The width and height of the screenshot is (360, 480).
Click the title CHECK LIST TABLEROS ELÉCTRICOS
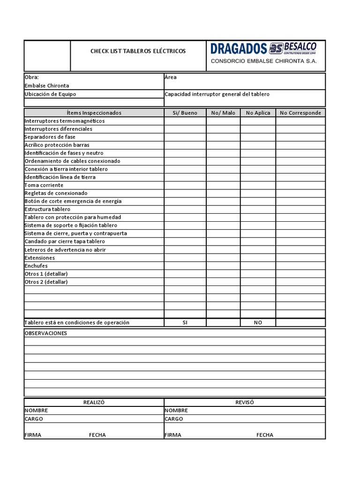[138, 51]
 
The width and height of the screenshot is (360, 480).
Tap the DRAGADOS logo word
[239, 49]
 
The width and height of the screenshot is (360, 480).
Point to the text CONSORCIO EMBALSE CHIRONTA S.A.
[264, 61]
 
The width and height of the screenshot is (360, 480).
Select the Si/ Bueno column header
[185, 113]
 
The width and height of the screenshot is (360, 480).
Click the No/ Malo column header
[223, 113]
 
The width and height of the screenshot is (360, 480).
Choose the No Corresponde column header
[300, 113]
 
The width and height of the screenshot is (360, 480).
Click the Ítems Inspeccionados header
[94, 113]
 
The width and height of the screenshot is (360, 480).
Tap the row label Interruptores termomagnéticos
[65, 121]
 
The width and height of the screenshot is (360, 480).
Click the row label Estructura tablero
[47, 209]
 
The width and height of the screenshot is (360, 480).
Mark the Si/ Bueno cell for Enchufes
[185, 266]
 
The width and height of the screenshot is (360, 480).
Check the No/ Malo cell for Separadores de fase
[223, 137]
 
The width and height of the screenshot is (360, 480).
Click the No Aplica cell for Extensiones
[258, 258]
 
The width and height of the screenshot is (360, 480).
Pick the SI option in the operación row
[185, 322]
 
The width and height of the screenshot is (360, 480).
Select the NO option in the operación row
[258, 322]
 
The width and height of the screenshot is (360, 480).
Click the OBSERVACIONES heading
[45, 333]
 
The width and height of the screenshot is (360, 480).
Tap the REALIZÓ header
[94, 402]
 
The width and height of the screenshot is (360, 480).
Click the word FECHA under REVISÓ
[265, 435]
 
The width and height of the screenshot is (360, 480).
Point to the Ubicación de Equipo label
[50, 94]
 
